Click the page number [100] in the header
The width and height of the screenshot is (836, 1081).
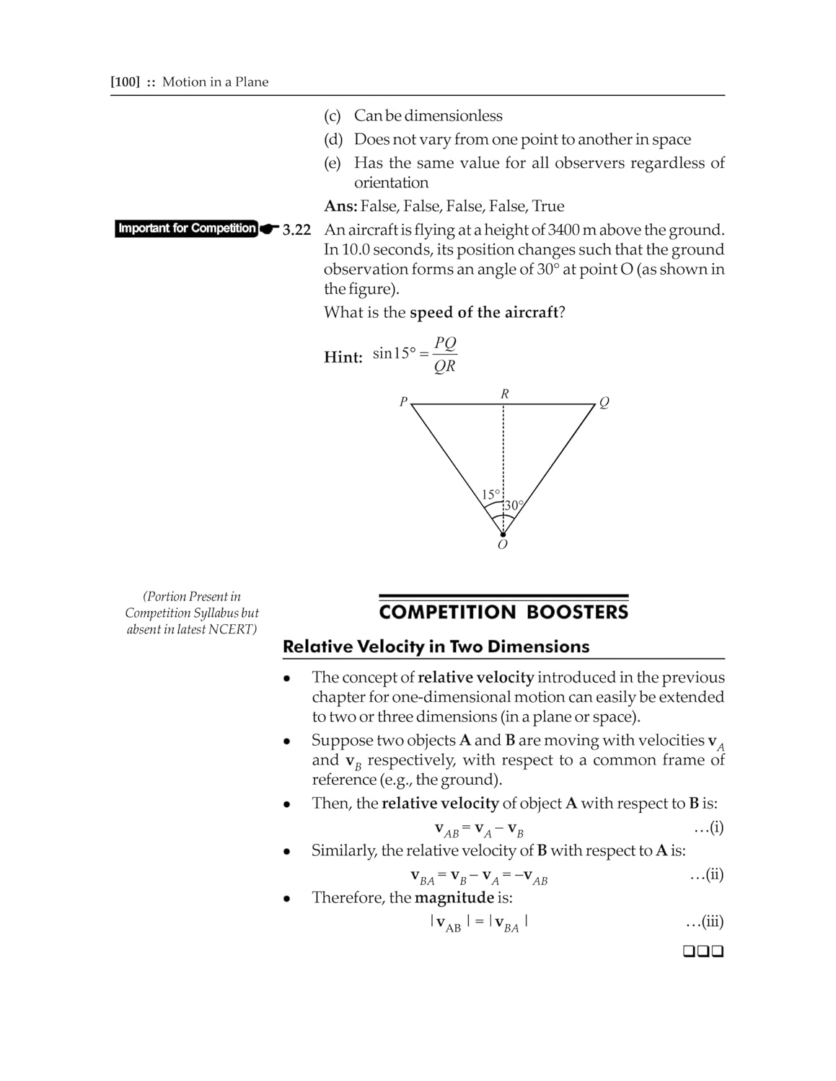click(x=125, y=82)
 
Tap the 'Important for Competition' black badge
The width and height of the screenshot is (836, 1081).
click(x=187, y=228)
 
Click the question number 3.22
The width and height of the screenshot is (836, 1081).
click(x=296, y=230)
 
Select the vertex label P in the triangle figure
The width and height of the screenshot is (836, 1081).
click(x=404, y=401)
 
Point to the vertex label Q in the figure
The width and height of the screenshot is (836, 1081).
click(x=604, y=403)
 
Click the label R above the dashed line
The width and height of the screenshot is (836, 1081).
click(x=504, y=393)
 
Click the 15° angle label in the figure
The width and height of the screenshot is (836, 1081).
click(x=490, y=494)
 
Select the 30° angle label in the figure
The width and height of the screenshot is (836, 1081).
click(x=512, y=505)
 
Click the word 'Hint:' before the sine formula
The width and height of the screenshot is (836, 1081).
click(x=343, y=357)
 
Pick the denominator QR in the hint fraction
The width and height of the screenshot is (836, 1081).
click(x=444, y=366)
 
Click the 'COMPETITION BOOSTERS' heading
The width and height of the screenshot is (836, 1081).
click(x=503, y=613)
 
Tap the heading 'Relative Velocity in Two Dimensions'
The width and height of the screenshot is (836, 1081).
click(x=436, y=646)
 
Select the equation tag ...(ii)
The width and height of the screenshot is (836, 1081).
click(x=706, y=875)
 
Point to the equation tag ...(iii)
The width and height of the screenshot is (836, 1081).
click(x=704, y=922)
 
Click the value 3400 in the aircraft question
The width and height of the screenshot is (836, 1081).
click(x=564, y=230)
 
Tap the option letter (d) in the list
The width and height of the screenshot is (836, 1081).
click(x=333, y=139)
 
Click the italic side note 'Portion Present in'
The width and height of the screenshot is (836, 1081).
click(x=192, y=597)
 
